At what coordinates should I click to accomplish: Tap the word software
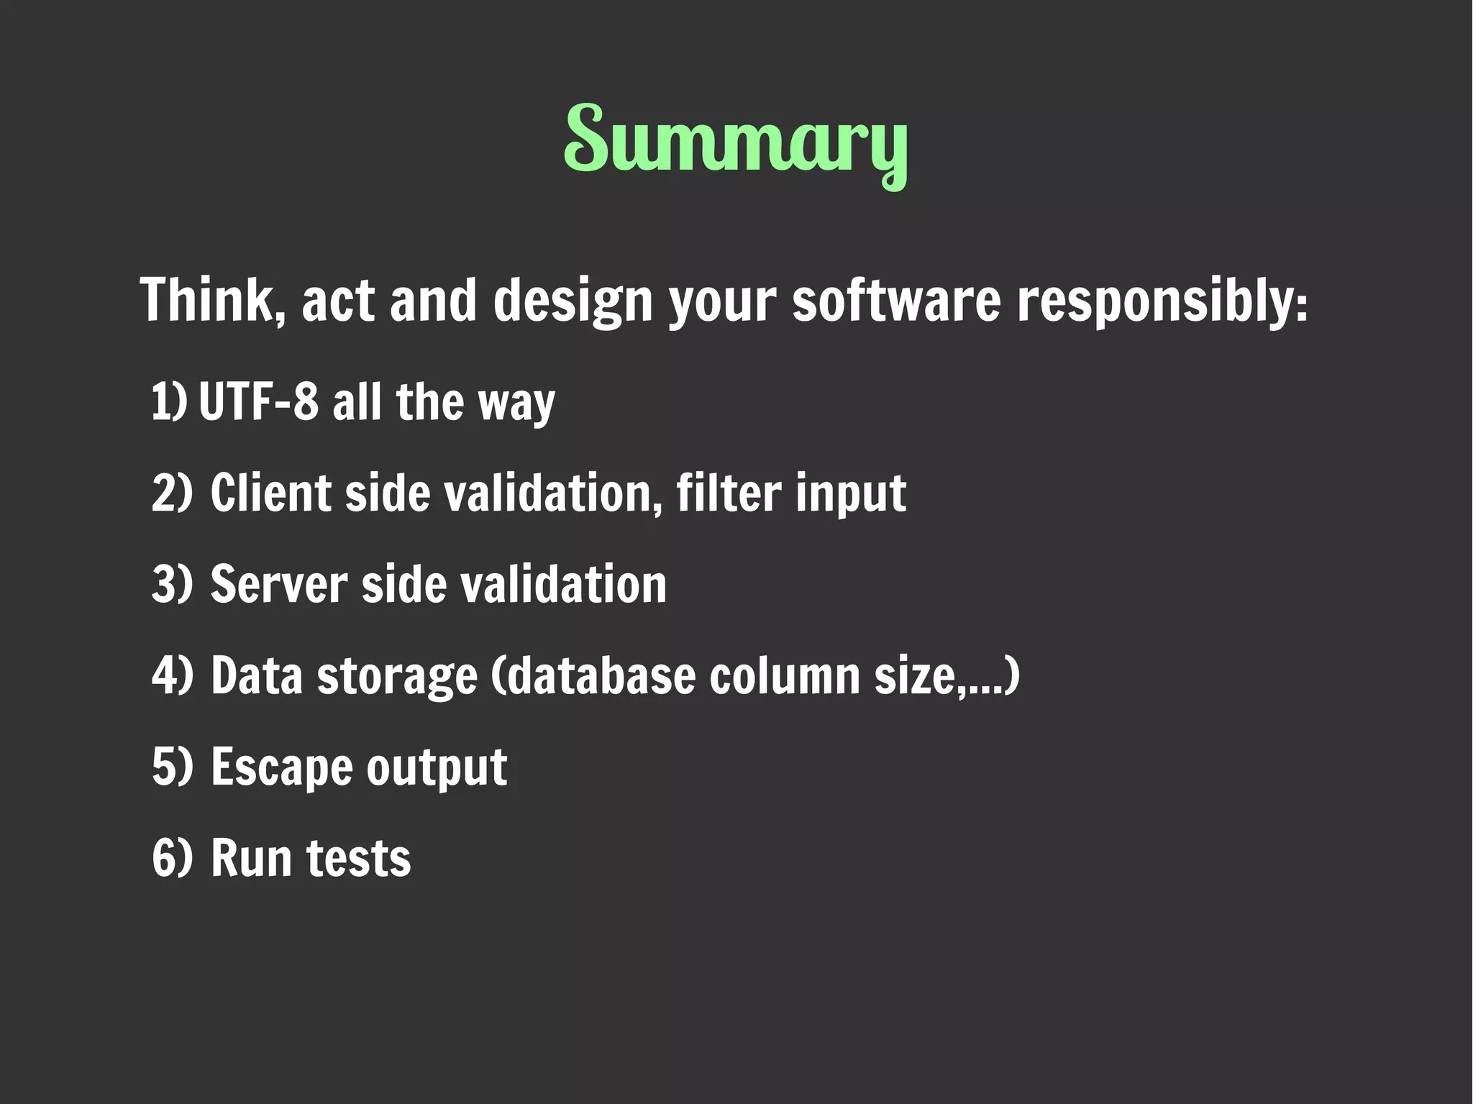[x=895, y=300]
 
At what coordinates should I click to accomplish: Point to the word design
[x=573, y=301]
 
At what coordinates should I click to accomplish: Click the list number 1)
[x=169, y=401]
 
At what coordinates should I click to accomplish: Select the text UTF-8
[x=258, y=401]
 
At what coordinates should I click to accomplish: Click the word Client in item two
[x=270, y=493]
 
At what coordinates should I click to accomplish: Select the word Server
[x=279, y=583]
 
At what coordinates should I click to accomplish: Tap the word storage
[x=397, y=676]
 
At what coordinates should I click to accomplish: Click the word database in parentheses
[x=594, y=676]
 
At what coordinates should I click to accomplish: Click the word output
[x=437, y=767]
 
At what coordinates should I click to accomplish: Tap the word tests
[x=358, y=858]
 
